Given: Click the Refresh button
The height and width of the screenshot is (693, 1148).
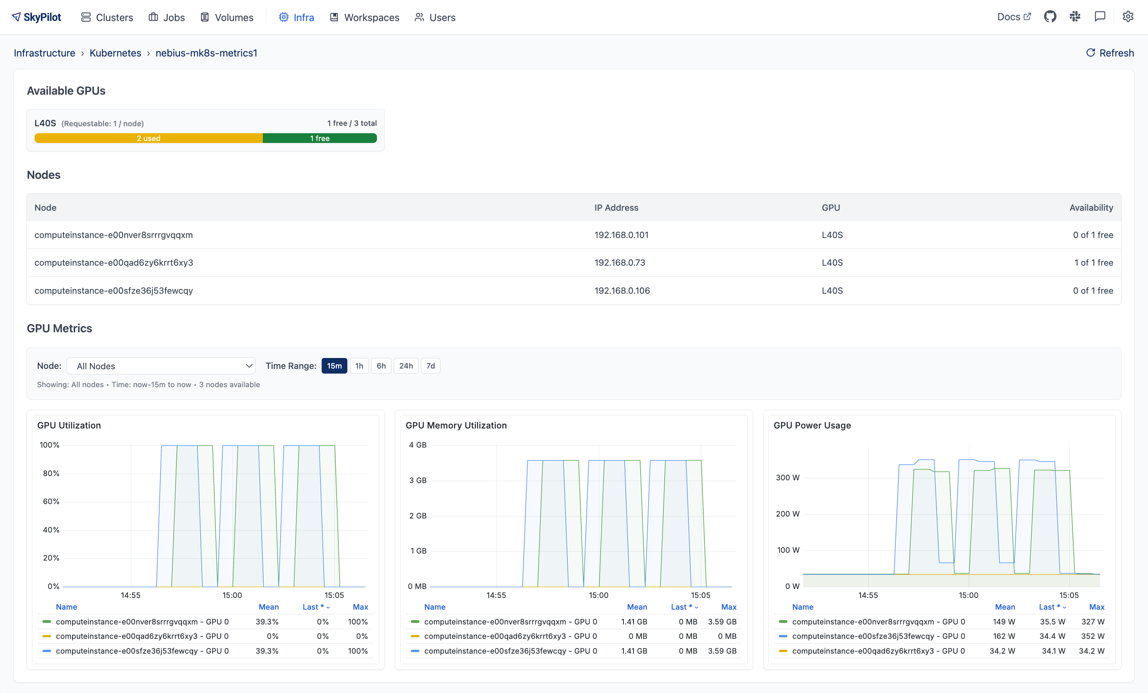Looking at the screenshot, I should (x=1110, y=53).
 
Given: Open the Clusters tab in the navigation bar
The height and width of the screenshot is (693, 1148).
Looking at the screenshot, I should (x=107, y=17).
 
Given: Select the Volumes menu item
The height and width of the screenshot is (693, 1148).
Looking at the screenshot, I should (x=227, y=17).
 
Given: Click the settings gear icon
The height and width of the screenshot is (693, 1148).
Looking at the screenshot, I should (x=1127, y=17).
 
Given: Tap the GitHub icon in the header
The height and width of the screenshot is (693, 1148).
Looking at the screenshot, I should (x=1050, y=17).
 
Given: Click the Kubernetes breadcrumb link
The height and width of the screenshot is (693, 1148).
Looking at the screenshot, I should (x=115, y=53).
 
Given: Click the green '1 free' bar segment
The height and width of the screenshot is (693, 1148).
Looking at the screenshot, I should (x=320, y=138).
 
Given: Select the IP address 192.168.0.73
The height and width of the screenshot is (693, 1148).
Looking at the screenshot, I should (x=620, y=263).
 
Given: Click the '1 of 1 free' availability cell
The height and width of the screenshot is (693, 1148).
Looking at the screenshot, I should (x=1093, y=263).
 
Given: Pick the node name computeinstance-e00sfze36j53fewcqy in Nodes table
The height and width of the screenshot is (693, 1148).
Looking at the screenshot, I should (x=113, y=290).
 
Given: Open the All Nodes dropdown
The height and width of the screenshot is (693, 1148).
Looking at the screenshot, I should (x=161, y=366).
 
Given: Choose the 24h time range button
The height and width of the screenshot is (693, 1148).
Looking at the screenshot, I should (x=405, y=366).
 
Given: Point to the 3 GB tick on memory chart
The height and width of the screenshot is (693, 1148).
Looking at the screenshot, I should (x=417, y=480).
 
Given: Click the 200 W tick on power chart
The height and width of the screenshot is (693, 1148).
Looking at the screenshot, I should (x=787, y=513).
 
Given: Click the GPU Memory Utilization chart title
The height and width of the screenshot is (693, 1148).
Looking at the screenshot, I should (x=456, y=425).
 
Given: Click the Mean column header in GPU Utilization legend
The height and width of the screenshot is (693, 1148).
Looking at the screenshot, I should (x=268, y=607).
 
